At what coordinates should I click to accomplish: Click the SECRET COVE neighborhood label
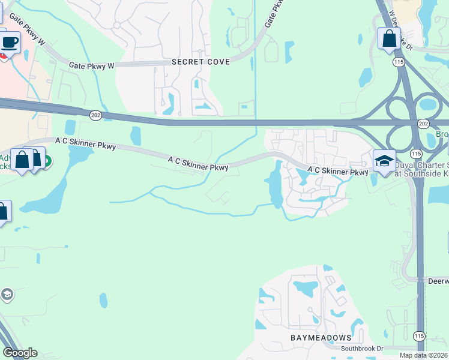200,62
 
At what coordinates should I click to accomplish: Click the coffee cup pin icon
10,43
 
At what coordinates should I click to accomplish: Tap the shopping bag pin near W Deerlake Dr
390,38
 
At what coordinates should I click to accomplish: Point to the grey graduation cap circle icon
7,295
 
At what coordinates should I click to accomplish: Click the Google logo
20,353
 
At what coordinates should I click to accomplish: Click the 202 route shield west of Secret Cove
96,115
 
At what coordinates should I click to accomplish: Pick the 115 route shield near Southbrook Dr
419,336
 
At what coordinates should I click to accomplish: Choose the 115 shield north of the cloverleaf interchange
398,62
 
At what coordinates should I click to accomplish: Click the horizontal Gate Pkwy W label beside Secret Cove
91,65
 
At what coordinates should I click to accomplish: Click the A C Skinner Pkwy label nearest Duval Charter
337,171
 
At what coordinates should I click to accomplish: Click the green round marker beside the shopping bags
47,161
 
